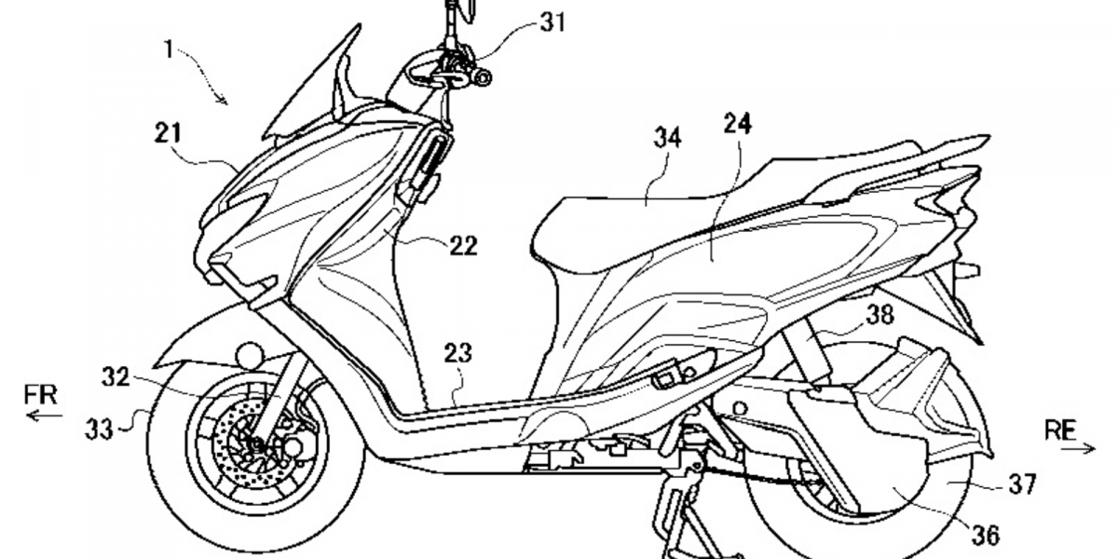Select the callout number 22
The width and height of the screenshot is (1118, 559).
click(463, 246)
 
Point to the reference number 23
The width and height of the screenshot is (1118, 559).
click(458, 354)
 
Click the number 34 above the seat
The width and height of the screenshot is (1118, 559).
click(667, 138)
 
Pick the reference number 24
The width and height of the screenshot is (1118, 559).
click(737, 122)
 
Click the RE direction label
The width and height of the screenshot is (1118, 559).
click(1060, 429)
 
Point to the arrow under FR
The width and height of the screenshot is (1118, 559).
click(41, 416)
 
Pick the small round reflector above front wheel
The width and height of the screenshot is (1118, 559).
click(250, 356)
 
